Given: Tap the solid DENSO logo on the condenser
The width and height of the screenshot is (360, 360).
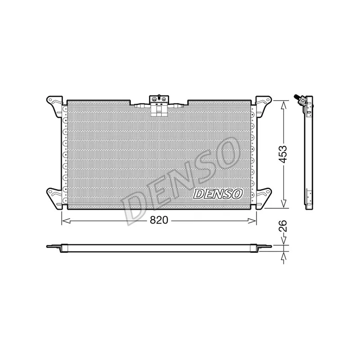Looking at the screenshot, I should (218, 193).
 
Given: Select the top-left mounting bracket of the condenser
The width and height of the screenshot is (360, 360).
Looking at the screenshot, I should (54, 103).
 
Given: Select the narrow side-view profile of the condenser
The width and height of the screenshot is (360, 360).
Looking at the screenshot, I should (309, 153).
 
